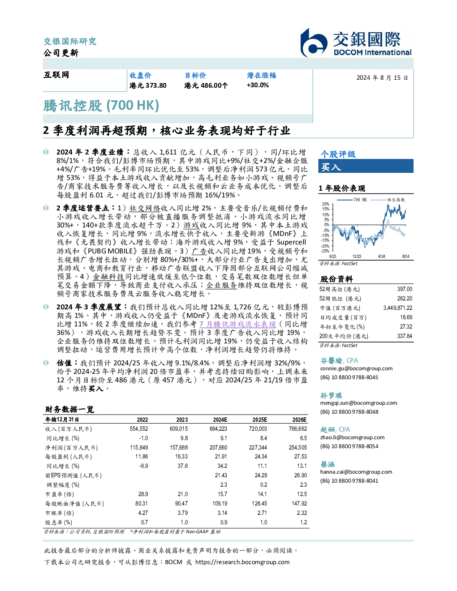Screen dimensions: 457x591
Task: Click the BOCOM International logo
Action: [356, 43]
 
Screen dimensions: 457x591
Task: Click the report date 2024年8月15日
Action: [382, 78]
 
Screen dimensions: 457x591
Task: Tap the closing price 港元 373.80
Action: [148, 86]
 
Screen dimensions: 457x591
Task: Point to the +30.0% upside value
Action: [258, 85]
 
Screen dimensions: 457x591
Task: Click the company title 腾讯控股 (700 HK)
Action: [101, 106]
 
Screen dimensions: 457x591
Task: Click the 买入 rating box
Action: [366, 166]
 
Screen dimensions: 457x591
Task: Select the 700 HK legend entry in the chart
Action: [352, 200]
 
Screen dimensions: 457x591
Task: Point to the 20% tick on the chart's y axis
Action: [326, 204]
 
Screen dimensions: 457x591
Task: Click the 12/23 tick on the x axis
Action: [357, 257]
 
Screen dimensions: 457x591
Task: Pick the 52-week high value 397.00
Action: [405, 289]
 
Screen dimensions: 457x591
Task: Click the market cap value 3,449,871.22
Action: [398, 308]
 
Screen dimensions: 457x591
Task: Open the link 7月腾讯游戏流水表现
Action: [237, 324]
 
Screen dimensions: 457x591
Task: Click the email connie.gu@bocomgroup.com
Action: [356, 368]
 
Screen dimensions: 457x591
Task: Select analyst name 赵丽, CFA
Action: [335, 430]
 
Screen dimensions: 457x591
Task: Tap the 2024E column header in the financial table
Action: [220, 420]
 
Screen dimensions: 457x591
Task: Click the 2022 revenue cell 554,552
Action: [139, 429]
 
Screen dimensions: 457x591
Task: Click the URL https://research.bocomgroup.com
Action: [242, 562]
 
